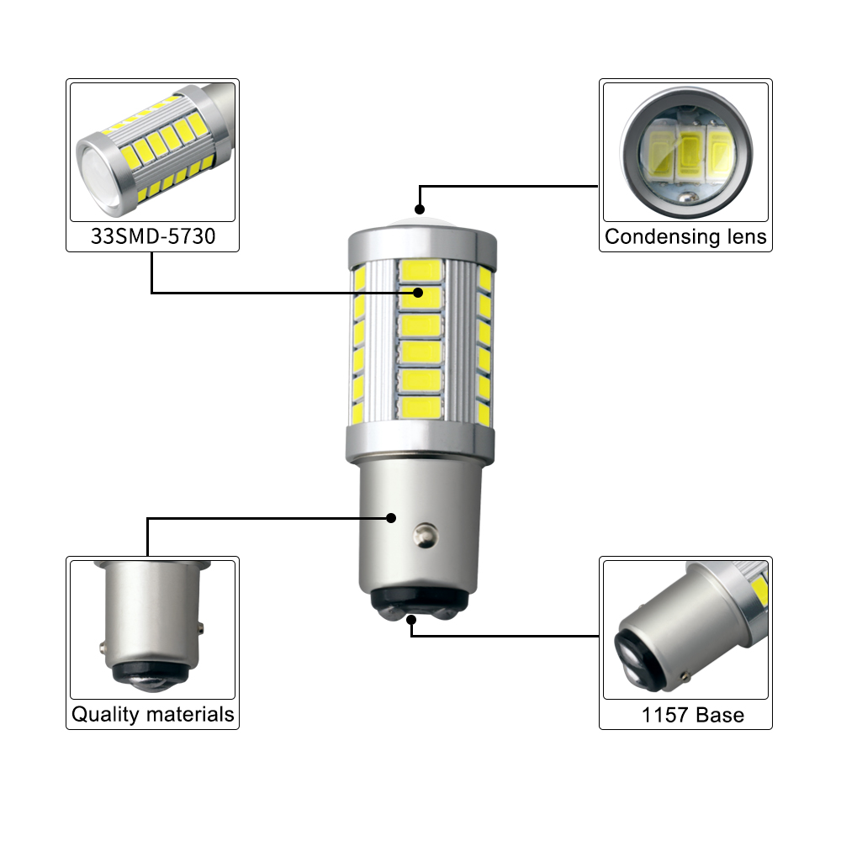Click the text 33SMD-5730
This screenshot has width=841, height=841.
point(152,237)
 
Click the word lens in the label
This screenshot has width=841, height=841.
point(740,237)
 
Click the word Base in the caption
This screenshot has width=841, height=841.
point(721,716)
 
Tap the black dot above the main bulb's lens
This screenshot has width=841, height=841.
point(419,209)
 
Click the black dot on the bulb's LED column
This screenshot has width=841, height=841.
point(418,292)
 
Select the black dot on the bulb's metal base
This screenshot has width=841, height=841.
point(391,518)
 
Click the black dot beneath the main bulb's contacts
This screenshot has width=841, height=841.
point(411,621)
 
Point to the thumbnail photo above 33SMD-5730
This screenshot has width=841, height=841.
point(152,152)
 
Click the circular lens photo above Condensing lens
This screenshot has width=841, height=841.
point(685,152)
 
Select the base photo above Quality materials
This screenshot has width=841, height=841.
point(152,627)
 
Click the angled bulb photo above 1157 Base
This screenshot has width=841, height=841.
point(685,627)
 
